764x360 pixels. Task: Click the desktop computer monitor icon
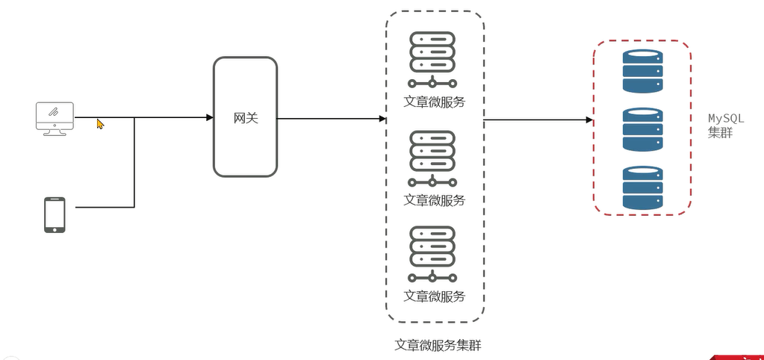[x=55, y=118]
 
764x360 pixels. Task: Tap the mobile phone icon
[x=55, y=215]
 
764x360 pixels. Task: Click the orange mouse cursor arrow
[x=100, y=124]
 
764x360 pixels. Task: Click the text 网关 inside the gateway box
[x=246, y=118]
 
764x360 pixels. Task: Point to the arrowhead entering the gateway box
[x=210, y=117]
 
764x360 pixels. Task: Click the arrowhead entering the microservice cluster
[x=382, y=119]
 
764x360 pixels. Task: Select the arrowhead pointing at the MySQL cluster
[x=589, y=120]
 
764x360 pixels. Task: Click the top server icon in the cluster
[x=432, y=59]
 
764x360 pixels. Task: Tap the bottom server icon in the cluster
[x=432, y=254]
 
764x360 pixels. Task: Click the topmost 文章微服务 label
[x=434, y=102]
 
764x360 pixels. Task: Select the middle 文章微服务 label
[x=434, y=200]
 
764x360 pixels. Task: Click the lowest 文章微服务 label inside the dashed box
[x=434, y=296]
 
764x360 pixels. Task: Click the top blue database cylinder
[x=642, y=71]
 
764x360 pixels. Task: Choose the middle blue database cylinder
[x=642, y=130]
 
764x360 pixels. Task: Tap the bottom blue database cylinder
[x=642, y=187]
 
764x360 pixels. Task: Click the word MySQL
[x=726, y=119]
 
